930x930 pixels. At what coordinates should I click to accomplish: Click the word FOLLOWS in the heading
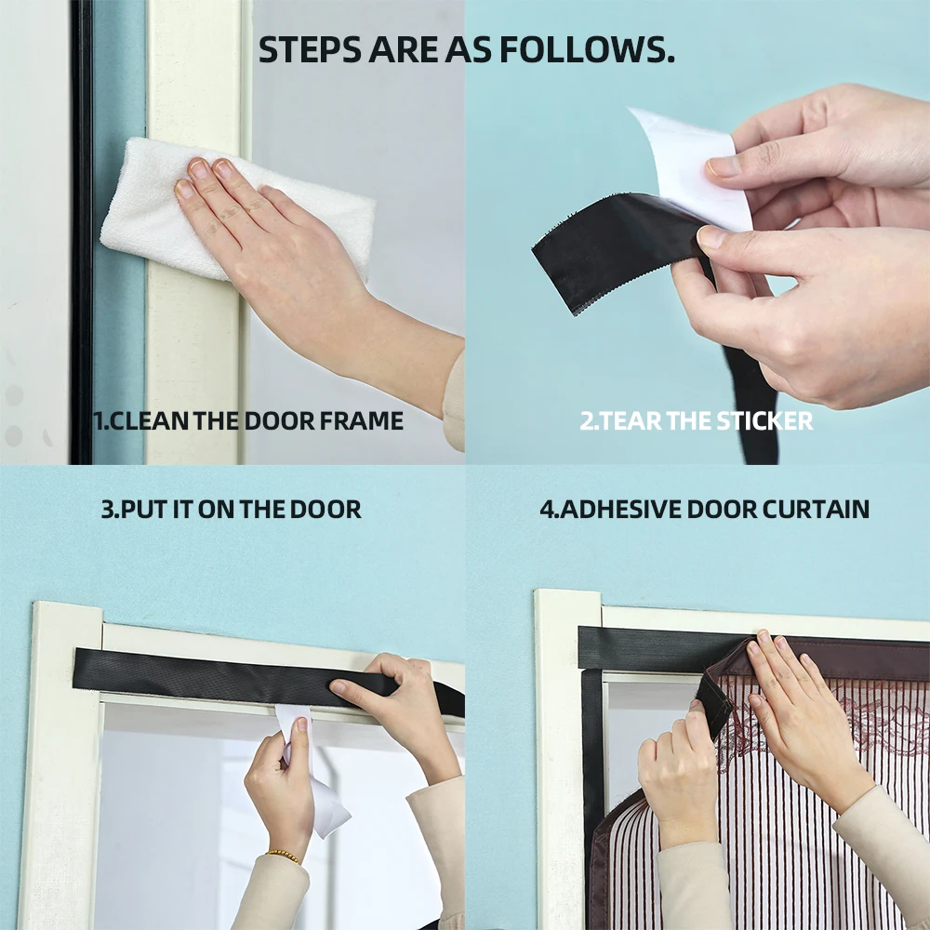pos(587,49)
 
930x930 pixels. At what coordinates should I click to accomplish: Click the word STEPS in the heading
pos(310,49)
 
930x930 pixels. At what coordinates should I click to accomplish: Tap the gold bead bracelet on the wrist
pos(283,856)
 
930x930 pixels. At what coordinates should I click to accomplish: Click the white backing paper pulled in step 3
pos(314,777)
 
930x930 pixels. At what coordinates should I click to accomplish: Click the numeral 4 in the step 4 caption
pos(546,510)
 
